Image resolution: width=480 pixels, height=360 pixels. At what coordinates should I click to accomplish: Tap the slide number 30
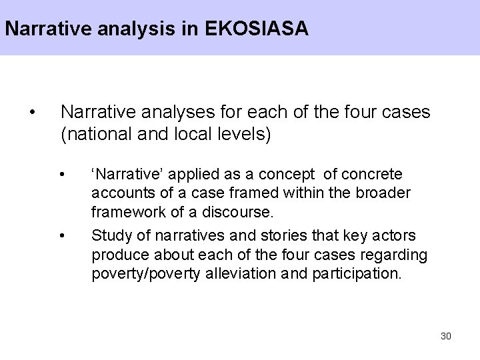446,335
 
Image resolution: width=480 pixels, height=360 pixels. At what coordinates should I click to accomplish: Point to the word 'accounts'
118,193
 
